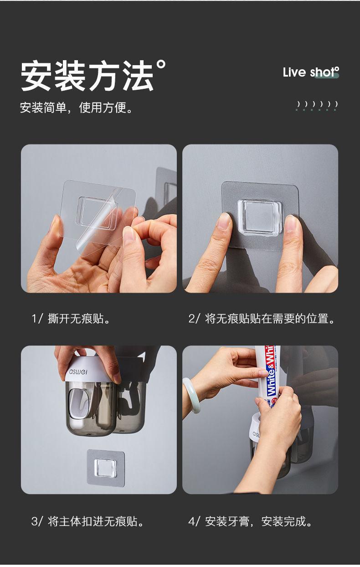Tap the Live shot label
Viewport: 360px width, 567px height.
(311, 72)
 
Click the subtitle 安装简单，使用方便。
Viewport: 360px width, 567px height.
(76, 107)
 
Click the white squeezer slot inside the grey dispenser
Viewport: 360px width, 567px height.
(79, 402)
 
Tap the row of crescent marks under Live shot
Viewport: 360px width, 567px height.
(317, 106)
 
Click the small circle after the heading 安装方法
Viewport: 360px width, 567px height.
(161, 64)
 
